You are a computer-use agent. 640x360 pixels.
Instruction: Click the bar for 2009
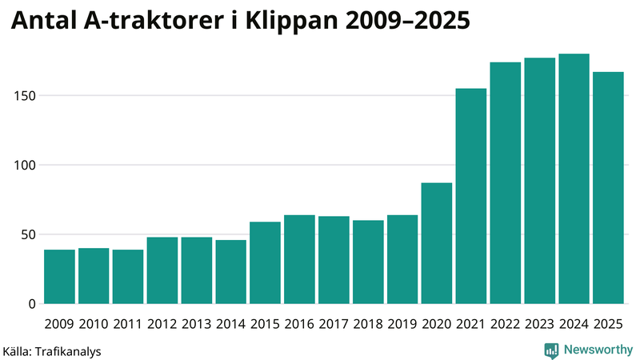[59, 277]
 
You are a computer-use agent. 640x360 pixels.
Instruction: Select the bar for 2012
[162, 270]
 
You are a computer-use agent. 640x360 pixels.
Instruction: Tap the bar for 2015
[265, 263]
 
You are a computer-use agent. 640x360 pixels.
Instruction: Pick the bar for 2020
[437, 243]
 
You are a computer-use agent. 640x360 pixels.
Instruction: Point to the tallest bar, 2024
[574, 179]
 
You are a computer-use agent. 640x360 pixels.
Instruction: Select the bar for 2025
[608, 188]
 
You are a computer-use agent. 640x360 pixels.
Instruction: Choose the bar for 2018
[368, 262]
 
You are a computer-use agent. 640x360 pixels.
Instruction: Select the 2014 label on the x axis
[230, 324]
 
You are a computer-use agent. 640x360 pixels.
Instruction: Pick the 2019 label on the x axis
[402, 324]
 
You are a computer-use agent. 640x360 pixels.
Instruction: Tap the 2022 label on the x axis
[506, 324]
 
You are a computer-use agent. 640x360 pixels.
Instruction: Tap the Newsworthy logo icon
[551, 350]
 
